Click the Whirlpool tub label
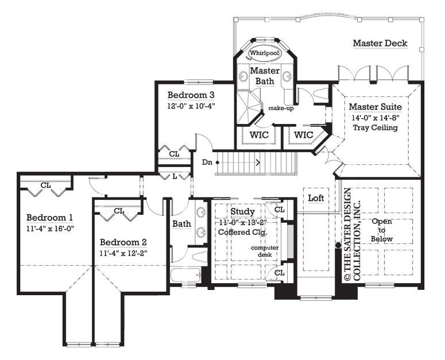(x=264, y=52)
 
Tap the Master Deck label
(x=380, y=43)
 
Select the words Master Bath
(x=265, y=76)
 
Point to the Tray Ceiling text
(x=376, y=127)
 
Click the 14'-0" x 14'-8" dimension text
(x=376, y=117)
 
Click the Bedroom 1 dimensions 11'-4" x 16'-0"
(x=50, y=228)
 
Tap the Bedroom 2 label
(x=123, y=242)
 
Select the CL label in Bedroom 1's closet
(x=46, y=185)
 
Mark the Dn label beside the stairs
(x=208, y=162)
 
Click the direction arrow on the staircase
(x=258, y=162)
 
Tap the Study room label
(x=242, y=212)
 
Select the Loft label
(x=316, y=198)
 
